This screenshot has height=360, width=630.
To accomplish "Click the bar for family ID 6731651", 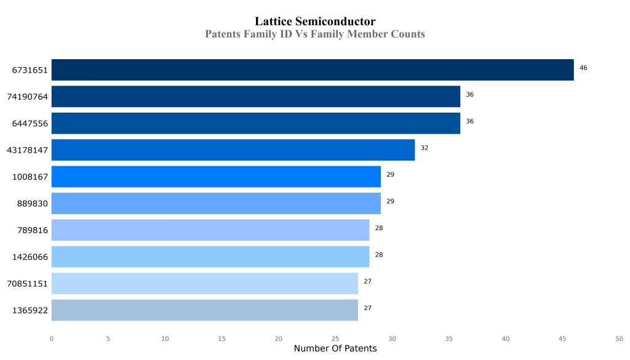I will click(312, 70).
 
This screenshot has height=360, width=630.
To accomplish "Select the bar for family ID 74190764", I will click(255, 97).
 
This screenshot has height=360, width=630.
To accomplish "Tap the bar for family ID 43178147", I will click(233, 150).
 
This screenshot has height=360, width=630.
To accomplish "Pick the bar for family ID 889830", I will click(215, 203).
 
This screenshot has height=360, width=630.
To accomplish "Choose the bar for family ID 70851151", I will click(204, 283).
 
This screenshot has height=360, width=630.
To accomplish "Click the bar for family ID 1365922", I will click(204, 310).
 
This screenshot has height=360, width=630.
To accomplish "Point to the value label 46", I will click(583, 68).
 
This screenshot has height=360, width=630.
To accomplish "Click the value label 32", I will click(425, 148).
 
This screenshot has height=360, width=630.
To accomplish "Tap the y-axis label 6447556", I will click(30, 124).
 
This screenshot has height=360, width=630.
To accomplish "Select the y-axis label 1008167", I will click(30, 177).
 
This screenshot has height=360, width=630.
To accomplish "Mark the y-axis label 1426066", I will click(30, 257).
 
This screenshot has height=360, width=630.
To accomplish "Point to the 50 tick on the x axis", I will click(619, 338).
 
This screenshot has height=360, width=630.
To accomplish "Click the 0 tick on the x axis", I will click(51, 338).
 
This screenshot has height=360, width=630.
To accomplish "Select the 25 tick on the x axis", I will click(335, 338).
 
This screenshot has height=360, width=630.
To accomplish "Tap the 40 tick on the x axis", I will click(506, 338).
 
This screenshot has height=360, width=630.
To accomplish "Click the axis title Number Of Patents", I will click(335, 349).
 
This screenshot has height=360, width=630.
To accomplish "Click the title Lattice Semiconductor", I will click(315, 22).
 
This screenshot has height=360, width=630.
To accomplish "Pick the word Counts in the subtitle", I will click(408, 34).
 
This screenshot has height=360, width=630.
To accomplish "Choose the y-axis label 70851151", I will click(28, 284).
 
